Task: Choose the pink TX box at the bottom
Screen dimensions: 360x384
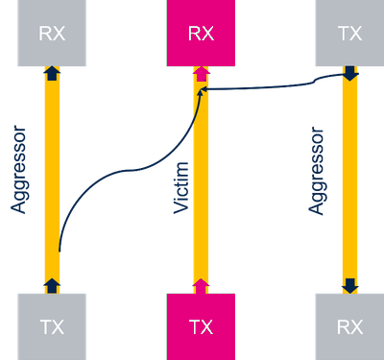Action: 201,325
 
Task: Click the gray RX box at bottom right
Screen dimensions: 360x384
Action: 349,325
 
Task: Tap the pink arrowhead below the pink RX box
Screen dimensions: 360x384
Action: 201,74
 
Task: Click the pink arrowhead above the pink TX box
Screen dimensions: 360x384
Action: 201,284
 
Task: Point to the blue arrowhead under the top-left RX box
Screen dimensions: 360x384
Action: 52,74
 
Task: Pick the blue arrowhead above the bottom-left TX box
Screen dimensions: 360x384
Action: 52,284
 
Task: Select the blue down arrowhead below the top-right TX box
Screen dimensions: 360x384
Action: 350,74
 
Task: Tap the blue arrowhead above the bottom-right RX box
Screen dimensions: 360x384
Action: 350,284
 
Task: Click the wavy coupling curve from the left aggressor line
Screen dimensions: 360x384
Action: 125,173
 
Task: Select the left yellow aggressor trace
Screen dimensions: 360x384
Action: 52,144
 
